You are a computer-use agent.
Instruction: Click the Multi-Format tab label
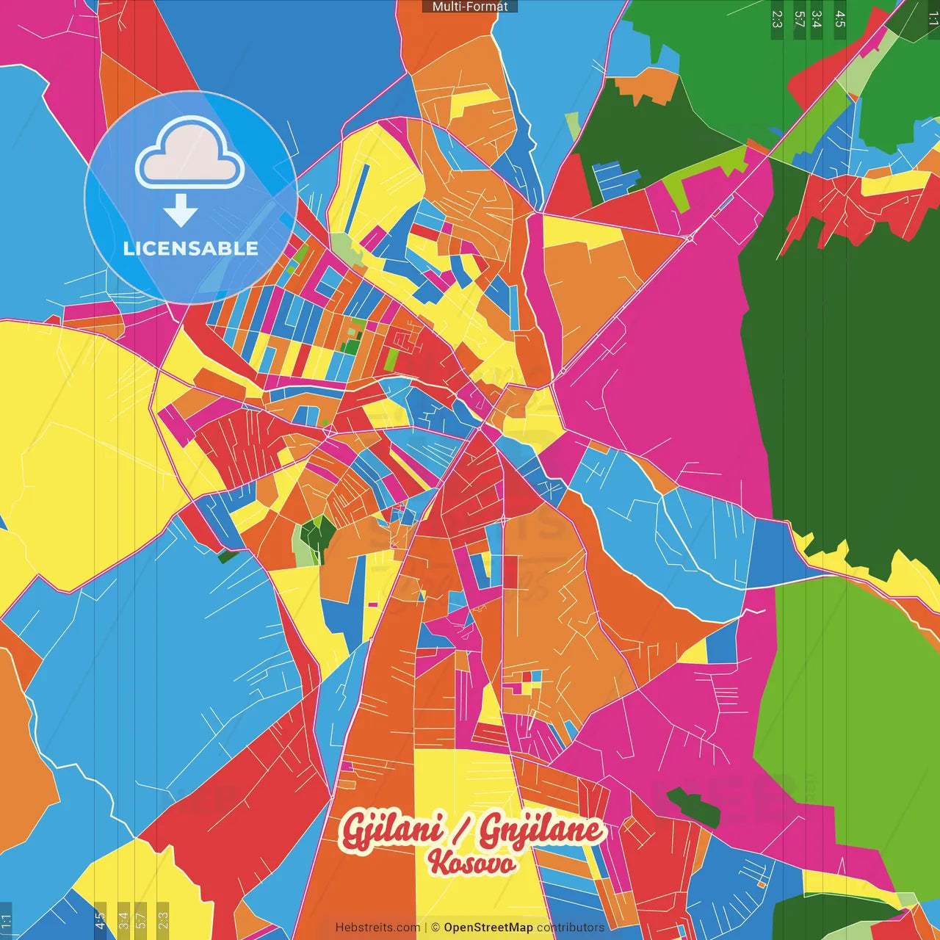[x=470, y=7]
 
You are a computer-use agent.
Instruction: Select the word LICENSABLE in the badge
[x=190, y=248]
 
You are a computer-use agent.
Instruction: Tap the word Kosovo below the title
[x=471, y=863]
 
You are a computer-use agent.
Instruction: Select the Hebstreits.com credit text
[x=377, y=928]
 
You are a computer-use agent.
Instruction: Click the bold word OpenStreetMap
[x=488, y=928]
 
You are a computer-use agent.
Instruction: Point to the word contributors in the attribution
[x=571, y=928]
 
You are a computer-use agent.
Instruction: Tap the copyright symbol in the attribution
[x=435, y=928]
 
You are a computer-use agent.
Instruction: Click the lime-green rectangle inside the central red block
[x=391, y=359]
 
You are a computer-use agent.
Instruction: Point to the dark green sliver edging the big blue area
[x=228, y=557]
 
